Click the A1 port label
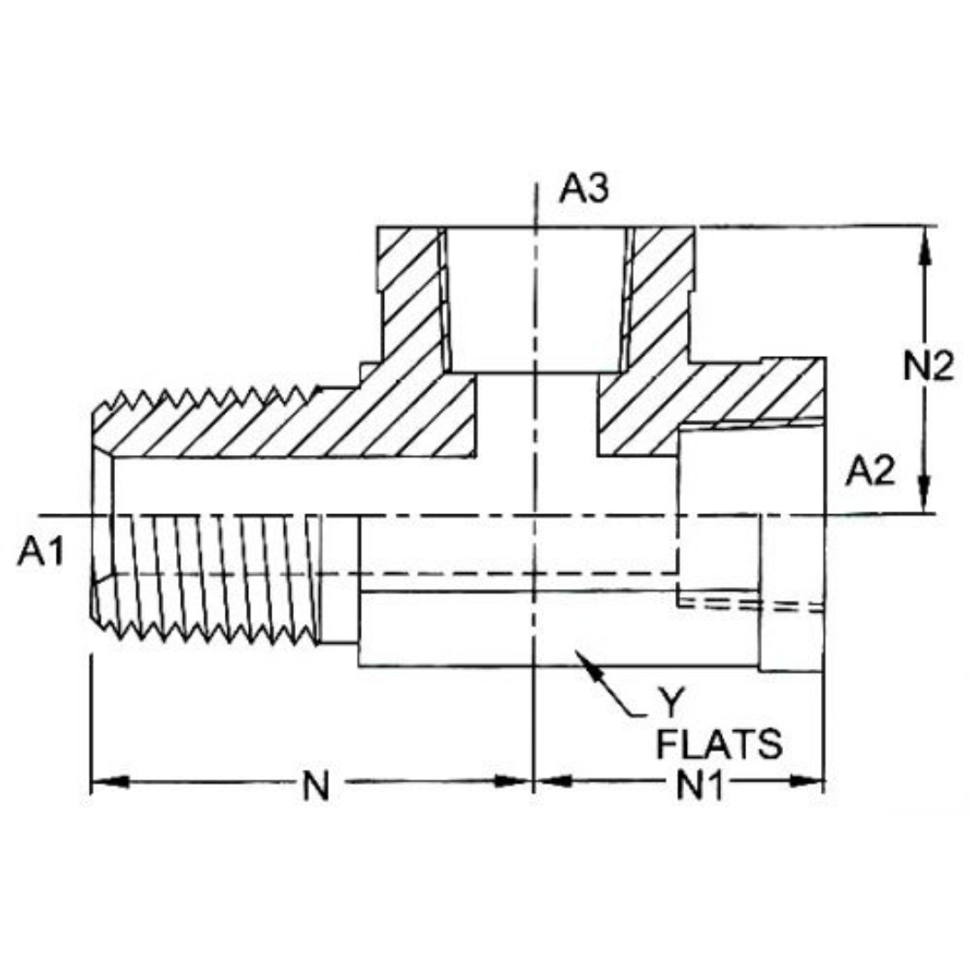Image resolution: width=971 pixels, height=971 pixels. (x=41, y=553)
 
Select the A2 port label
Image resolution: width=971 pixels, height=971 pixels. (x=871, y=471)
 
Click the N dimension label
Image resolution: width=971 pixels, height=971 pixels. (x=315, y=787)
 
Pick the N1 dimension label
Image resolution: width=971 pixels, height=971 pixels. (x=700, y=787)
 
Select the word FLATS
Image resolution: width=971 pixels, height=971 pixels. (x=719, y=745)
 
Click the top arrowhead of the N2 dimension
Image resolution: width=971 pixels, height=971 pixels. (x=926, y=241)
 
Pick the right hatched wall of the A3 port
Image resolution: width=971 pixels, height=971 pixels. (x=661, y=297)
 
